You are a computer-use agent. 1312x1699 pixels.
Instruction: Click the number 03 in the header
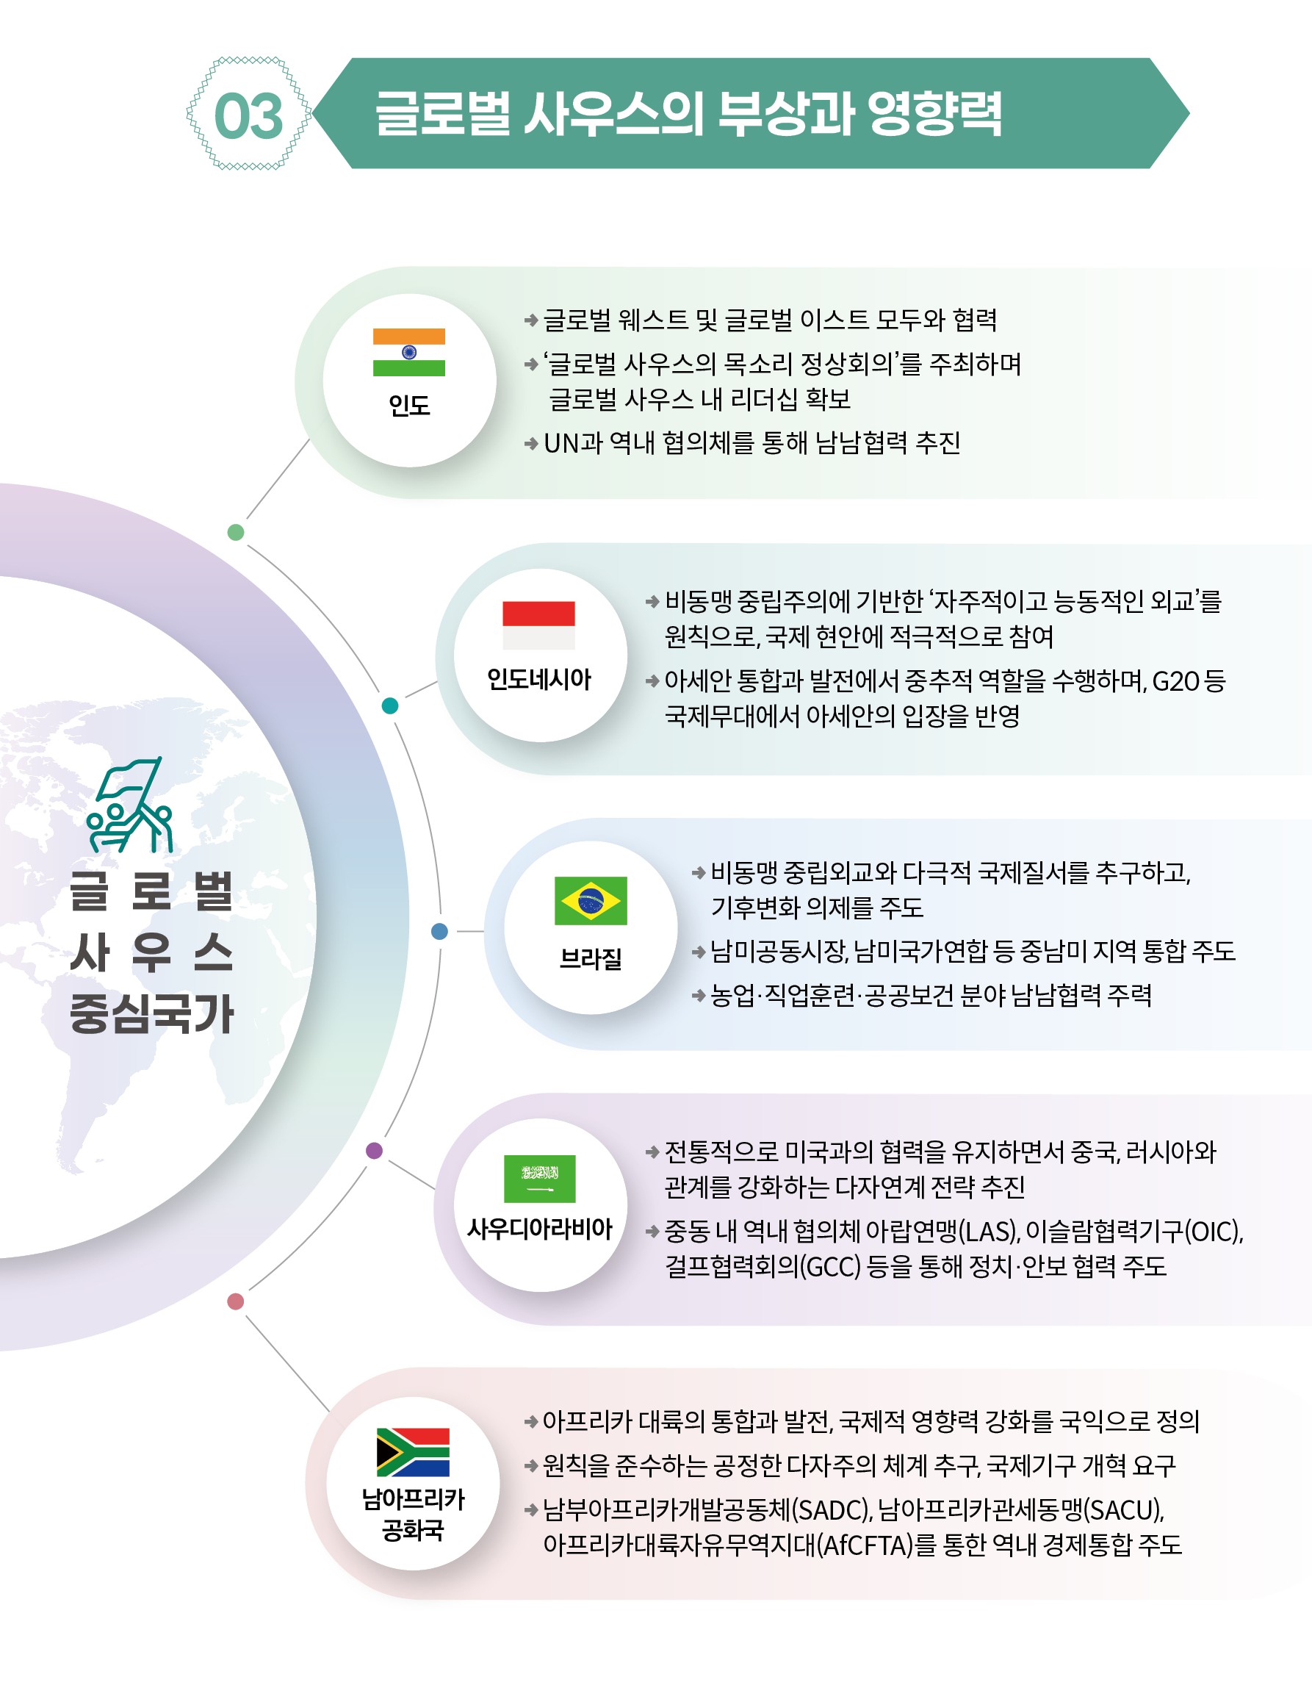coord(248,116)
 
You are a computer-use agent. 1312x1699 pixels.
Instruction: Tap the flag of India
coord(409,353)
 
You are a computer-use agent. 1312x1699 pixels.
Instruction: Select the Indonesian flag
coord(539,625)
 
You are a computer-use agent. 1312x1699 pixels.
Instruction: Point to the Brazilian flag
coord(591,901)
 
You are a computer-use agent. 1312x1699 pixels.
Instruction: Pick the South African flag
coord(413,1452)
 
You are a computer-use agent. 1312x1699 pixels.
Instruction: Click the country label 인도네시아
coord(539,680)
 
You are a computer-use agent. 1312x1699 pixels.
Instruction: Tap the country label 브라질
coord(591,958)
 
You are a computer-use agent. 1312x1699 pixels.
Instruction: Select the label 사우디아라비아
coord(540,1229)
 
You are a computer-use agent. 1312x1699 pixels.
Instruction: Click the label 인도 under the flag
coord(409,406)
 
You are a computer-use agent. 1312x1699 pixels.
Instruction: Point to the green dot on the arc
coord(236,532)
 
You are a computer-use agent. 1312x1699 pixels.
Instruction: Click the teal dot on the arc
coord(390,705)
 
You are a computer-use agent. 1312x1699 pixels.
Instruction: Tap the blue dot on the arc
coord(439,931)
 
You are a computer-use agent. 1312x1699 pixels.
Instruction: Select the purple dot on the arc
coord(374,1151)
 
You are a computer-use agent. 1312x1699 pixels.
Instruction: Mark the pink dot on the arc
coord(236,1301)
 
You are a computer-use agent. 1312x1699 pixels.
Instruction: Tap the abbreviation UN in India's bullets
coord(561,443)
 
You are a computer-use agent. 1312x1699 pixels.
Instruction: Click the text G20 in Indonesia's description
coord(1175,681)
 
